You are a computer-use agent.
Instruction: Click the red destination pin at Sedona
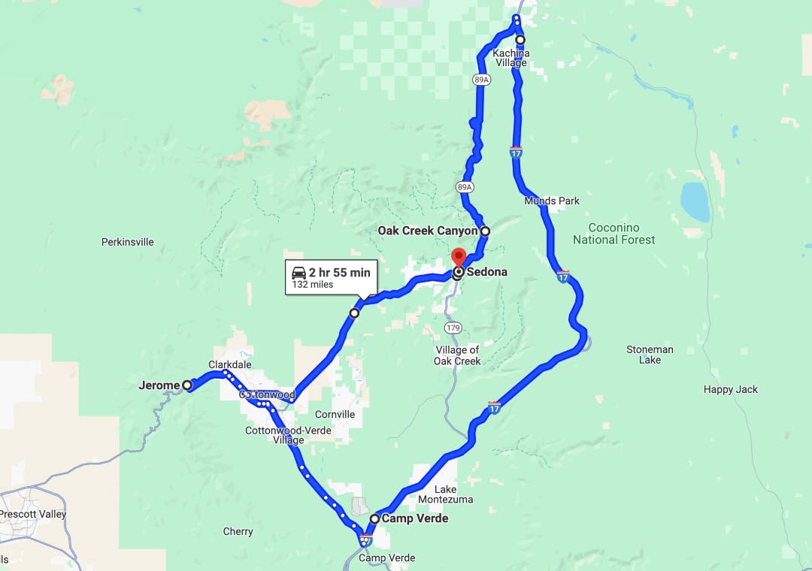tap(458, 257)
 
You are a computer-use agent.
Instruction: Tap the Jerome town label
tap(159, 385)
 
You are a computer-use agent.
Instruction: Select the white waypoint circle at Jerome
tap(187, 385)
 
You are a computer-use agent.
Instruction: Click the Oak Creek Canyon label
tap(427, 231)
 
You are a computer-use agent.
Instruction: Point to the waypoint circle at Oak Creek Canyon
tap(485, 231)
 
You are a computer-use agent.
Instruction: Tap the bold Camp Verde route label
tap(415, 518)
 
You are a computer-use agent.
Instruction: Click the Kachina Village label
tap(511, 58)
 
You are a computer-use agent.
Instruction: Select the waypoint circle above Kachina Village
tap(520, 40)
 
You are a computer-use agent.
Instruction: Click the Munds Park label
tap(552, 201)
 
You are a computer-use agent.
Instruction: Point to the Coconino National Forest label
tap(614, 234)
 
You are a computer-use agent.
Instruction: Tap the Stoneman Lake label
tap(650, 355)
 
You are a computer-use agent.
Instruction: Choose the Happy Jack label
tap(730, 389)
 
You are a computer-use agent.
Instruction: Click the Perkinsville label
tap(128, 242)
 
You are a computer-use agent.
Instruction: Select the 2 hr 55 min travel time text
tap(340, 273)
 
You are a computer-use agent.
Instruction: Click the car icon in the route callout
tap(298, 273)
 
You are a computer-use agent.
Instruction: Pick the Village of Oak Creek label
tap(457, 355)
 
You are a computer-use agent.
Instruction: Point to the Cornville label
tap(335, 414)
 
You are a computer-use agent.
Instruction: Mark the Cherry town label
tap(238, 531)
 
